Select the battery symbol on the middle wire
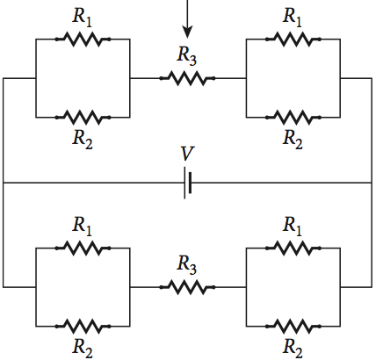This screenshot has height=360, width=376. (187, 183)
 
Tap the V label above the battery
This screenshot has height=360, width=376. (187, 155)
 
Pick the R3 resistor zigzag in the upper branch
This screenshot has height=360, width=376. (186, 78)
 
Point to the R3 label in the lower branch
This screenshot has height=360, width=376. (186, 264)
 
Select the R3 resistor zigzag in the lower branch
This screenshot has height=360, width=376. (186, 286)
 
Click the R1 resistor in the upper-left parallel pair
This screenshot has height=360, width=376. (82, 39)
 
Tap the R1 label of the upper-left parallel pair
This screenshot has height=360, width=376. (82, 16)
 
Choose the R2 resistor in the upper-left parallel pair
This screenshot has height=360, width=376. (82, 116)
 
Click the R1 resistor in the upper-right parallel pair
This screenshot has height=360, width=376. (293, 39)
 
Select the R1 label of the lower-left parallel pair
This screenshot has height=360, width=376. (82, 226)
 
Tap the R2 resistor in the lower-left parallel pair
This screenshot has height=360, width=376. (82, 325)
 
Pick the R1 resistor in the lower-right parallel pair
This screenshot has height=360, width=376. (293, 248)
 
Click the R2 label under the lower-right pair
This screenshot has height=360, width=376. (293, 348)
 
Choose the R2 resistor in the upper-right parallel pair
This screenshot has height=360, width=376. (293, 116)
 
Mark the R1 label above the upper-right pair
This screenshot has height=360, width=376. (293, 16)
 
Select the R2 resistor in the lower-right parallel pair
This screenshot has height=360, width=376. (293, 325)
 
